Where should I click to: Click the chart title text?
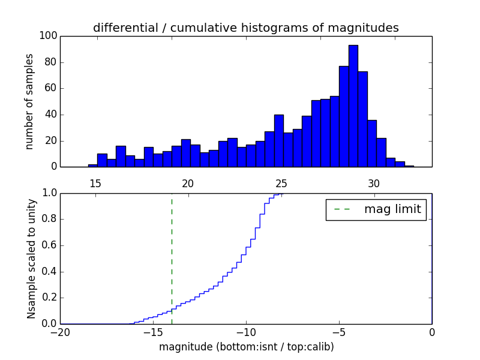click(x=245, y=28)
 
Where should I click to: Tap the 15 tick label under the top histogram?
click(x=95, y=183)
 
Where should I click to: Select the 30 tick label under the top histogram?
click(x=374, y=183)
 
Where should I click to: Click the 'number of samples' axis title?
click(x=29, y=101)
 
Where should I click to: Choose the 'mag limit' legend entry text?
click(x=392, y=209)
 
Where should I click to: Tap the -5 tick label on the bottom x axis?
click(x=338, y=332)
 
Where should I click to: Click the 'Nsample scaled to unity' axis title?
click(x=31, y=258)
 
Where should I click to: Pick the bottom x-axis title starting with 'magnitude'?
click(x=246, y=347)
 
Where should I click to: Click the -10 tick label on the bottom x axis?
click(x=245, y=332)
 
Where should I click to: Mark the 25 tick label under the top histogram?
click(x=281, y=183)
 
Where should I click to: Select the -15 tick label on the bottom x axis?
click(x=152, y=332)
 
